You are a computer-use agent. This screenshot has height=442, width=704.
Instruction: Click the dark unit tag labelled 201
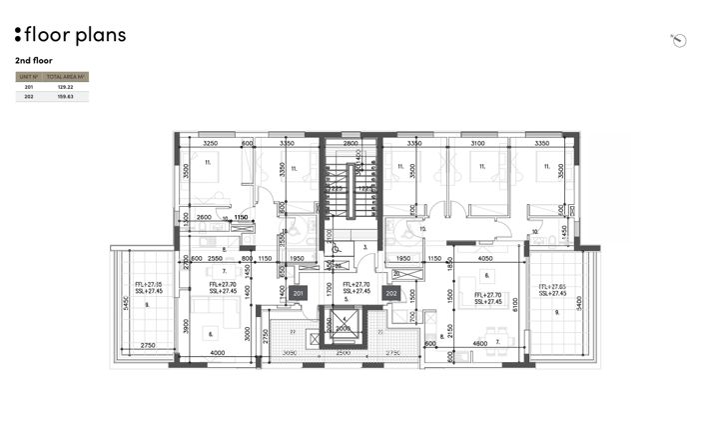point(299,294)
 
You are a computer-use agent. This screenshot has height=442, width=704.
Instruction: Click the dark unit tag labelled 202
point(391,294)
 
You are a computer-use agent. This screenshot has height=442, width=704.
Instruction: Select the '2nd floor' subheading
point(34,60)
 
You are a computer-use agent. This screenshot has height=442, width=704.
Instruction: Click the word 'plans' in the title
point(101,35)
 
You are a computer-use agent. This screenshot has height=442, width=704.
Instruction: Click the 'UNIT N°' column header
point(28,76)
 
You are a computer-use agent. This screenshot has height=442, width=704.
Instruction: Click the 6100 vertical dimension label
point(516,304)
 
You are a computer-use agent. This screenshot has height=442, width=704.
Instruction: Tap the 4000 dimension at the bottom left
point(218,353)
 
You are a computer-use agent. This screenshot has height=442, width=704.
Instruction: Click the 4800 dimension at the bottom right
point(480,344)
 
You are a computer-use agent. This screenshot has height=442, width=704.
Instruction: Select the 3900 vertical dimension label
point(185,325)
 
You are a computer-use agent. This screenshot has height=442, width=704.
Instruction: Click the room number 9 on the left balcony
point(147,304)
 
